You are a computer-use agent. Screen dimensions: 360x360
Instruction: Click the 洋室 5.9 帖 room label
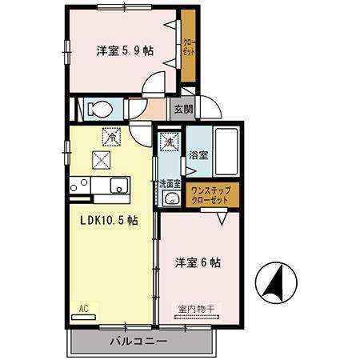pos(126,50)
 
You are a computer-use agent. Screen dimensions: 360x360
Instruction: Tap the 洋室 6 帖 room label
pos(198,262)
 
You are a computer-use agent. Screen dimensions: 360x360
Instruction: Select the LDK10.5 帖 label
pos(108,220)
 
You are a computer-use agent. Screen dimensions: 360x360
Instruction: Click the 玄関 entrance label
pos(182,108)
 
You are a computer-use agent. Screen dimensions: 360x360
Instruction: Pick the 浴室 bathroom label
pos(198,155)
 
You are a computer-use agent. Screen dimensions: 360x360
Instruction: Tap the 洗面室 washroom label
pos(169,183)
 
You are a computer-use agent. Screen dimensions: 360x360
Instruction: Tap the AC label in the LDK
pos(83,307)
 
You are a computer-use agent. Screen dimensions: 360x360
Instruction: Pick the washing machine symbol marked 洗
pos(169,142)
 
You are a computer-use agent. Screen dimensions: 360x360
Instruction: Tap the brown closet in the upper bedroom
pos(189,48)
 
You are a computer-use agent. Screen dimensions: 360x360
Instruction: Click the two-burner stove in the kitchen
pos(78,186)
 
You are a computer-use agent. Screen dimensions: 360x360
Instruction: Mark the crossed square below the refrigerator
pos(102,159)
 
